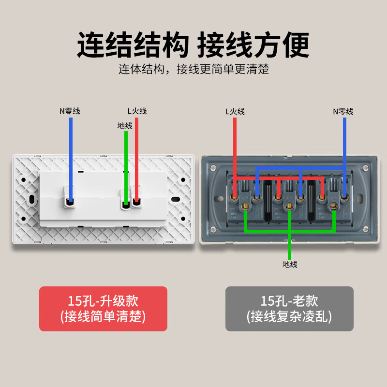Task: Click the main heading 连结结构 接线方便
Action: pyautogui.click(x=193, y=46)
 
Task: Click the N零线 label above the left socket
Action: pyautogui.click(x=70, y=111)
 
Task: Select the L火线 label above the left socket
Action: pyautogui.click(x=137, y=111)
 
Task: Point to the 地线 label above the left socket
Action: pyautogui.click(x=125, y=125)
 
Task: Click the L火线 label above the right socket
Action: pyautogui.click(x=235, y=112)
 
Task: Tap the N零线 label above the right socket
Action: pyautogui.click(x=343, y=112)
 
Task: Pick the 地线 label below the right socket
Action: pyautogui.click(x=290, y=264)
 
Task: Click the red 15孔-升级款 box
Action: pyautogui.click(x=103, y=309)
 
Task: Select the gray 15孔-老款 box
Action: pyautogui.click(x=289, y=309)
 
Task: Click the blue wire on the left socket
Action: pyautogui.click(x=71, y=155)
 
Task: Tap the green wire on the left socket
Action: pyautogui.click(x=126, y=164)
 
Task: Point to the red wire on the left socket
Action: pyautogui.click(x=137, y=155)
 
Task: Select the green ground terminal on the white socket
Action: pyautogui.click(x=126, y=204)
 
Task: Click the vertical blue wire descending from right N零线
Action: pyautogui.click(x=344, y=140)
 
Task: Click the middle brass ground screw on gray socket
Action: pyautogui.click(x=289, y=207)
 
